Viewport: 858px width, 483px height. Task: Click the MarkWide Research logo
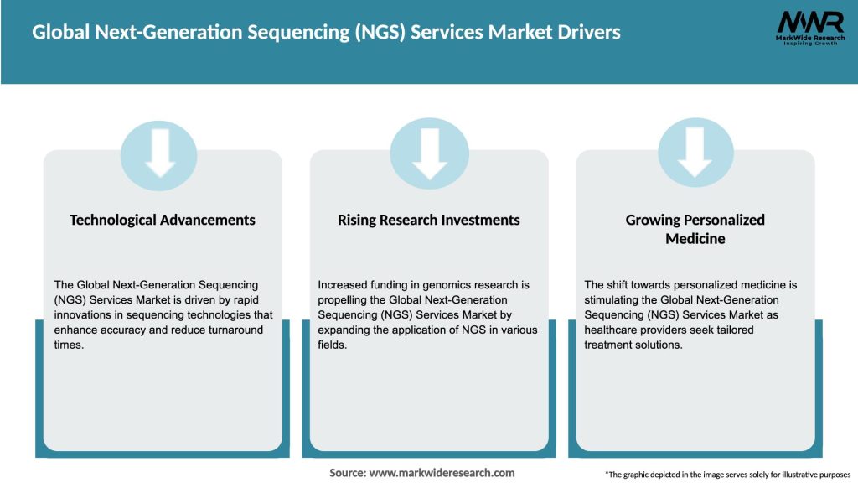tap(809, 29)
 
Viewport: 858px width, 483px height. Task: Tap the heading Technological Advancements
tap(163, 220)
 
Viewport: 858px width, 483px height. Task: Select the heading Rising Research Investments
tap(429, 220)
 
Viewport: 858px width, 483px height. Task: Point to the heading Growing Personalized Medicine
tap(695, 229)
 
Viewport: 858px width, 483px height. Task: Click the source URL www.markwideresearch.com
tap(442, 473)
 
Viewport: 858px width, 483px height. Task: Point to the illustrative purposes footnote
tap(727, 475)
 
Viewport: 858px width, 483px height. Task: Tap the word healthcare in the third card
tap(615, 330)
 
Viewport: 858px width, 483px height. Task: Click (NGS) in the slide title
tap(395, 33)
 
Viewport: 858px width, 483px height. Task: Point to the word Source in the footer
tap(347, 473)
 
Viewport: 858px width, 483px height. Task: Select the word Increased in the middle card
tap(343, 285)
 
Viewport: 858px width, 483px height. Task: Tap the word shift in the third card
tap(620, 285)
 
